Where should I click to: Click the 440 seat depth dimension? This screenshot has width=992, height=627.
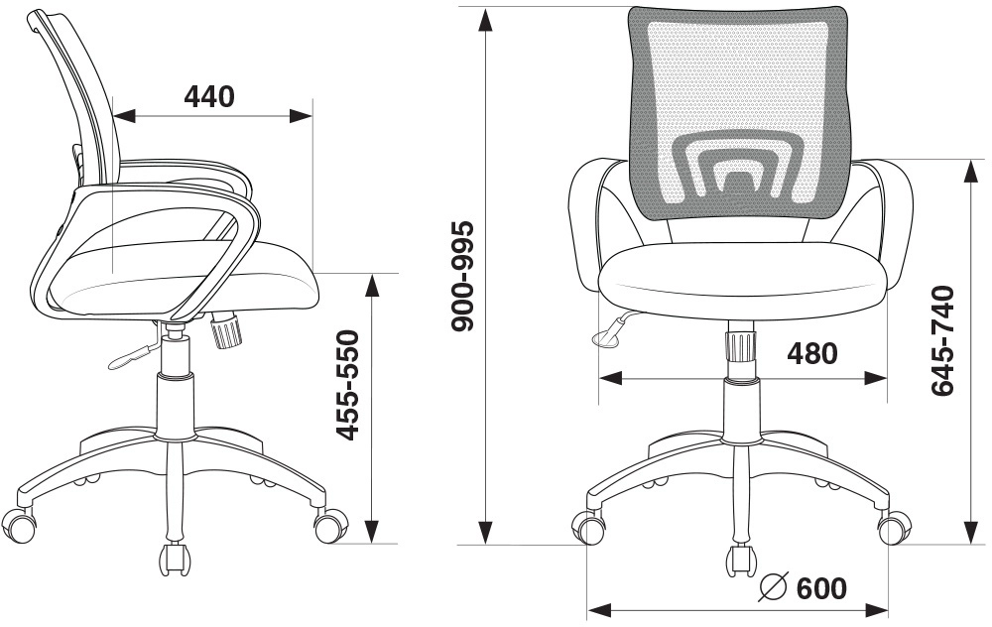coord(208,97)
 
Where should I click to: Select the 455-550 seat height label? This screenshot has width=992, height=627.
coord(347,385)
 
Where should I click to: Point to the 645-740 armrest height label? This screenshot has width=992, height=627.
coord(942,341)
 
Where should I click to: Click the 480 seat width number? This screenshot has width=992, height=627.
coord(812,353)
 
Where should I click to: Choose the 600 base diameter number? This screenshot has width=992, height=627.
coord(820,588)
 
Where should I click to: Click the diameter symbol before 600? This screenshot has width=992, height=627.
coord(773,587)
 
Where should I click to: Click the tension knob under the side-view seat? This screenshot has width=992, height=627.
coord(226,330)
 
